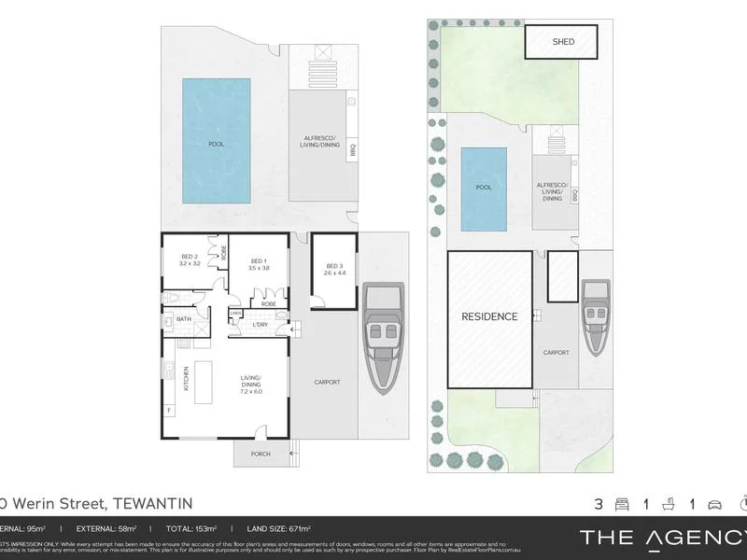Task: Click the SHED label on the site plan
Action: pos(563,42)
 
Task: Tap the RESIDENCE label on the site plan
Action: pos(490,316)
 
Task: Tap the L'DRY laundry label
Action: pos(261,325)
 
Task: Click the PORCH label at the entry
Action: pos(261,455)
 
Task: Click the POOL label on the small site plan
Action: pos(484,187)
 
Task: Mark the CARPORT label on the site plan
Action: pos(557,353)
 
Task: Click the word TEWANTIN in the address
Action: pos(152,503)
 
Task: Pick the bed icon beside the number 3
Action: pos(620,504)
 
